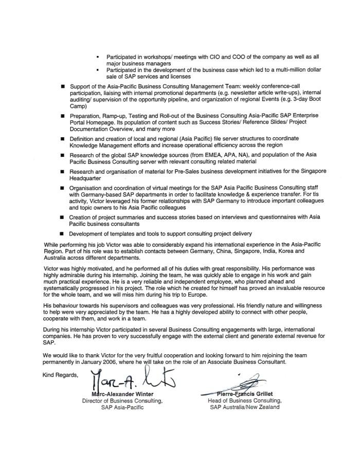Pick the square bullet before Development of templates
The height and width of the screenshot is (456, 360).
tap(63, 233)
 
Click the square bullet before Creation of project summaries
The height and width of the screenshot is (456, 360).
tap(63, 217)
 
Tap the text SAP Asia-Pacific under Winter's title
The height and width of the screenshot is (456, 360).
tap(122, 407)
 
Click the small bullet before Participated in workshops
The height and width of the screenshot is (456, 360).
tap(98, 56)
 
